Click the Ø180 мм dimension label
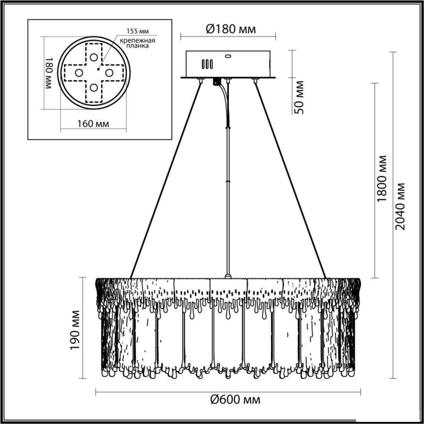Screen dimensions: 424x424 [231, 29]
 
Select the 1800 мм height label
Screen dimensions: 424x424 [382, 179]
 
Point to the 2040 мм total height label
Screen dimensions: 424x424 [400, 206]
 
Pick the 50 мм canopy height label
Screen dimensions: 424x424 [299, 97]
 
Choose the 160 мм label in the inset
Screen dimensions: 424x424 [93, 124]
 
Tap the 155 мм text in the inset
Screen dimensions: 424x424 [138, 31]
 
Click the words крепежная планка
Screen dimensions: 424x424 [138, 43]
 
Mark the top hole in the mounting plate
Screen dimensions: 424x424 [94, 57]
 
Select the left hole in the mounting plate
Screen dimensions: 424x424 [79, 73]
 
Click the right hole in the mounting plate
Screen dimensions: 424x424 [109, 73]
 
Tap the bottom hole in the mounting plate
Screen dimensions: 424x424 [94, 88]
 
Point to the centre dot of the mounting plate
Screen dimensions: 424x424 [98, 69]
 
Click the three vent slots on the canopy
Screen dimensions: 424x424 [207, 64]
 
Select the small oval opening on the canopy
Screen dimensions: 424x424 [228, 56]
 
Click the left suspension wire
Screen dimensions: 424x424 [165, 180]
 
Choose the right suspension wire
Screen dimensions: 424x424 [290, 180]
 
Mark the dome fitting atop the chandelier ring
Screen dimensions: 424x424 [228, 276]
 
